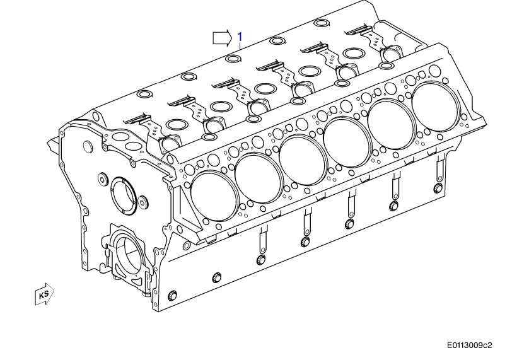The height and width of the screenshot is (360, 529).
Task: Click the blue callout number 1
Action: (x=240, y=37)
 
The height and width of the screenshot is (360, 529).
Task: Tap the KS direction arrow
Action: (x=45, y=294)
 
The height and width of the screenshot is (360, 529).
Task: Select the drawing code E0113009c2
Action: (x=469, y=345)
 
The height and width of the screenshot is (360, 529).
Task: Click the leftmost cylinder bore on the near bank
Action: (x=212, y=195)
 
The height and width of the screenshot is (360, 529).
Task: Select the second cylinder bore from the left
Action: (x=258, y=177)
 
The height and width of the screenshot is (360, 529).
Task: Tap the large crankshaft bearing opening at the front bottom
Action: (x=131, y=255)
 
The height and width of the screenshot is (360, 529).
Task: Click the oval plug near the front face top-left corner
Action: (x=88, y=147)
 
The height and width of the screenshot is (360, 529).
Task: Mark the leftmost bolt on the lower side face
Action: (x=174, y=296)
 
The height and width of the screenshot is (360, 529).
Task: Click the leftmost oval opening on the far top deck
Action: (x=144, y=95)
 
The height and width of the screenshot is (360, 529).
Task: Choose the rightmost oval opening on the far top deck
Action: (x=320, y=24)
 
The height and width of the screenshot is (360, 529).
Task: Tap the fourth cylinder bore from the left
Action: (x=347, y=136)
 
